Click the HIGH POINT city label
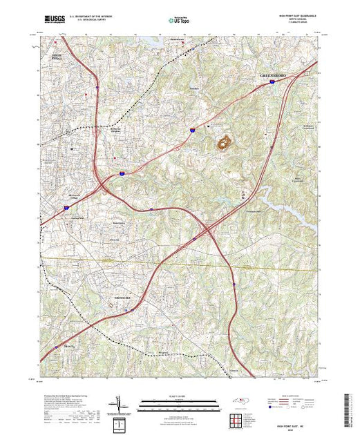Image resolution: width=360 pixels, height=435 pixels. [56, 58]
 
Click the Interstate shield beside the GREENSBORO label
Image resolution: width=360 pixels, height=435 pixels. [272, 82]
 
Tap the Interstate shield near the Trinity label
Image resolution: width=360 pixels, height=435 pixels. [57, 348]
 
